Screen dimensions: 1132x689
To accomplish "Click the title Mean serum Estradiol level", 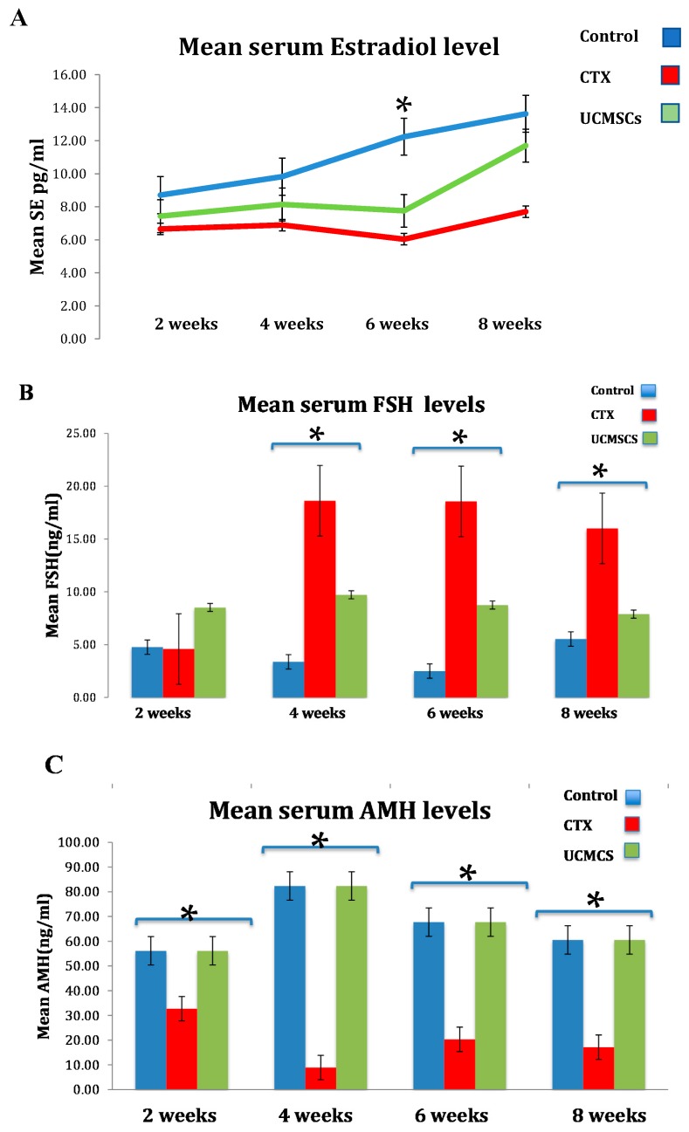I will click(x=339, y=46).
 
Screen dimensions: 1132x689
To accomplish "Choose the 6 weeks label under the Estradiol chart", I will click(x=396, y=324).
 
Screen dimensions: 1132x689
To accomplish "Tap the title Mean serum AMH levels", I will click(x=349, y=810).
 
